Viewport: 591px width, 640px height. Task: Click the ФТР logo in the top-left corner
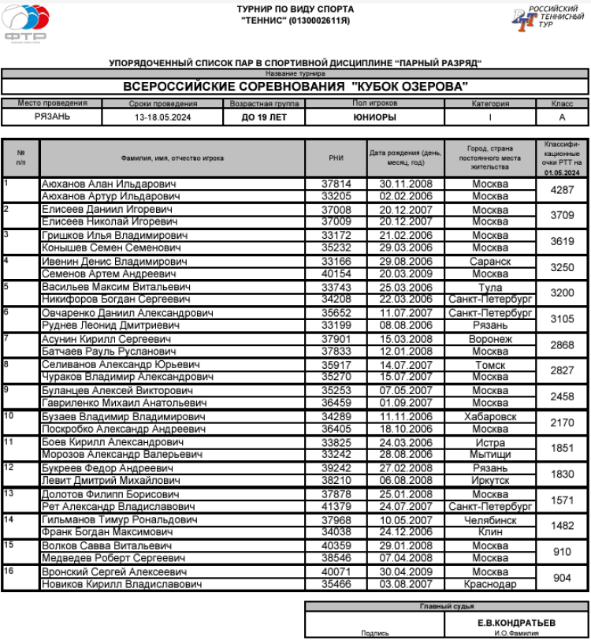pyautogui.click(x=25, y=23)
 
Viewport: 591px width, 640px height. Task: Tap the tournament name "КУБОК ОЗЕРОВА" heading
pyautogui.click(x=295, y=86)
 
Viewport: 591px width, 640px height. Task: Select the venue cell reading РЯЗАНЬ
pyautogui.click(x=52, y=117)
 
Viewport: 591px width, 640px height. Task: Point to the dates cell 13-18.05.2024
pyautogui.click(x=162, y=117)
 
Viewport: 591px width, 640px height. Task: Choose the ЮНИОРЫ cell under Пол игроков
pyautogui.click(x=374, y=117)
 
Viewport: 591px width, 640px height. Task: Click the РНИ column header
pyautogui.click(x=336, y=158)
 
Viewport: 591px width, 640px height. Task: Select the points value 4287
pyautogui.click(x=562, y=190)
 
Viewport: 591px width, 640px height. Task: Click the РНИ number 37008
pyautogui.click(x=336, y=210)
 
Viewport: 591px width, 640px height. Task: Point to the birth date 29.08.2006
pyautogui.click(x=406, y=261)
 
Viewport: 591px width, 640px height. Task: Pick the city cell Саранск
pyautogui.click(x=490, y=261)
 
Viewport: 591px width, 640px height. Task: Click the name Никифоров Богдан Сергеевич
pyautogui.click(x=116, y=300)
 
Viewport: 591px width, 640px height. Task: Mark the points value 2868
pyautogui.click(x=562, y=345)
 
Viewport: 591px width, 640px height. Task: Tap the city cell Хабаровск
pyautogui.click(x=490, y=416)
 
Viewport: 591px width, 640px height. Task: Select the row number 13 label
pyautogui.click(x=9, y=493)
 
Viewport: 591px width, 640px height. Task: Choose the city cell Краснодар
pyautogui.click(x=490, y=584)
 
